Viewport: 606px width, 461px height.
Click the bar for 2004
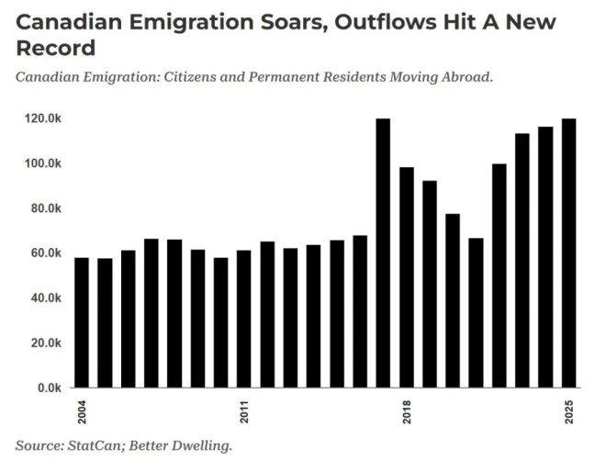[82, 322]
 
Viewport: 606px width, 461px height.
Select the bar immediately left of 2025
[545, 257]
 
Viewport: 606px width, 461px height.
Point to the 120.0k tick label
[43, 118]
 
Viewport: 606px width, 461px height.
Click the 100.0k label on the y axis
[43, 163]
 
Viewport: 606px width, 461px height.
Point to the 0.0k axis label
[49, 388]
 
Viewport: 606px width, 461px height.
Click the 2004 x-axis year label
[82, 410]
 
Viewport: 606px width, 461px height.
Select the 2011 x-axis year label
[244, 410]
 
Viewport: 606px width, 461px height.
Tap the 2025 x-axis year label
[568, 410]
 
